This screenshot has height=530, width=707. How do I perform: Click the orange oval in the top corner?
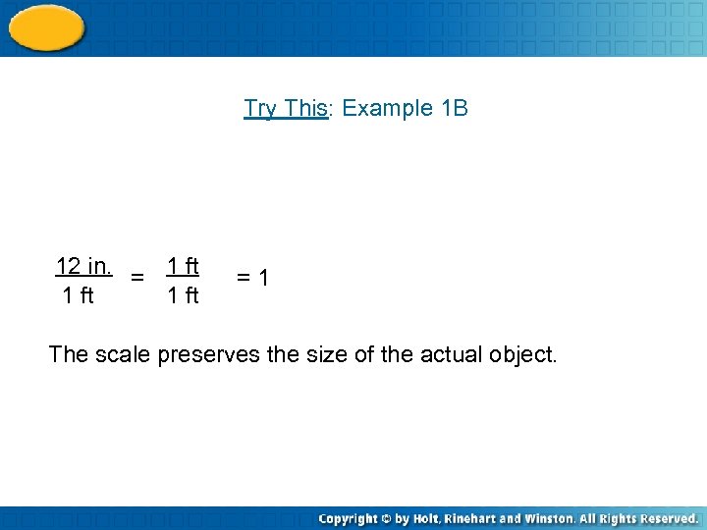point(46,26)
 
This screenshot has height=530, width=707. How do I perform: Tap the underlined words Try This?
point(285,108)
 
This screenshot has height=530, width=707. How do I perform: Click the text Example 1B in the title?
point(406,108)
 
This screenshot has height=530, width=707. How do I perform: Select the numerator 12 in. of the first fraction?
point(82,266)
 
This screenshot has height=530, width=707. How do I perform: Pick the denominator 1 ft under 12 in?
point(78,295)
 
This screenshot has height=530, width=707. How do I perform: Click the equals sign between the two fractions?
point(138,279)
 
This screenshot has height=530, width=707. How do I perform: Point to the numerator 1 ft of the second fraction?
point(183,266)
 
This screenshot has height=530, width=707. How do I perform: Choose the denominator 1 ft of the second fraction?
point(183,295)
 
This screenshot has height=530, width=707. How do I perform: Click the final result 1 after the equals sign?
point(263,280)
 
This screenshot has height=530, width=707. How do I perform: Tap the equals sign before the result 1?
point(245,280)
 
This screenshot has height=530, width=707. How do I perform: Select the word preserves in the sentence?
point(207,354)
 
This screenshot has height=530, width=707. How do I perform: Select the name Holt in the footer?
point(426,518)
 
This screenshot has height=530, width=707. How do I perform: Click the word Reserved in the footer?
point(663,518)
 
